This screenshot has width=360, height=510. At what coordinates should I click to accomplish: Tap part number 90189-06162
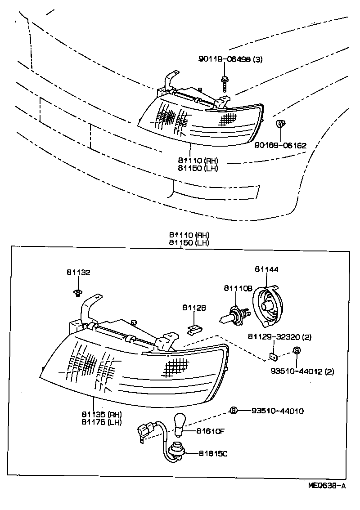tap(280, 145)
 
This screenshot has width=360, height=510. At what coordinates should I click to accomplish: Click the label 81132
tap(78, 273)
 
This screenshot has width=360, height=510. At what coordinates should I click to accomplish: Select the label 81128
tap(194, 308)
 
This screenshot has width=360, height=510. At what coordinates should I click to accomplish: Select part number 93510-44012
tap(296, 371)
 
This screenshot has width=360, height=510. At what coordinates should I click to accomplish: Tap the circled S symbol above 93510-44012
tap(296, 351)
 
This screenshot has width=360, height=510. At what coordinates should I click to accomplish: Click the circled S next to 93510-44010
tap(233, 410)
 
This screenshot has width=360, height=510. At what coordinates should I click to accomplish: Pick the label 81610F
tap(210, 431)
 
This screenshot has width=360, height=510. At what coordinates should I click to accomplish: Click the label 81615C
tap(213, 453)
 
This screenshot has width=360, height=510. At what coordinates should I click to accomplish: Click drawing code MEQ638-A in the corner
tap(327, 485)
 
